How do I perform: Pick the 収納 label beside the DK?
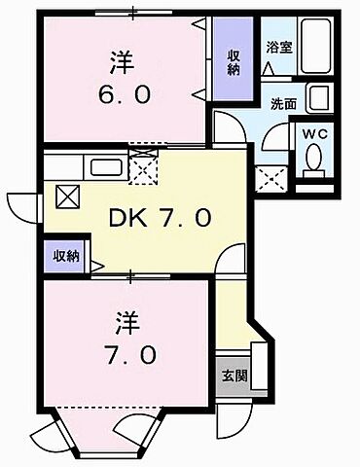point(66,256)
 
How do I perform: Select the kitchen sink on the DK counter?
point(104,167)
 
